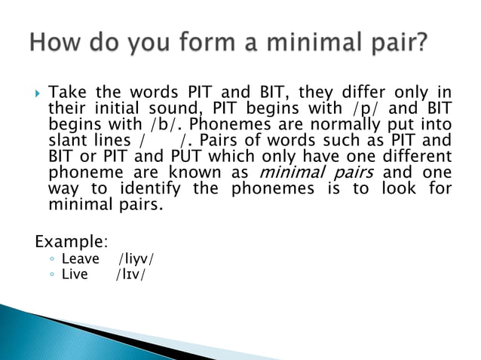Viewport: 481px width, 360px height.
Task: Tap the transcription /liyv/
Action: [x=136, y=260]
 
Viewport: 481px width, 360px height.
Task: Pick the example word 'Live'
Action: [x=75, y=275]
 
